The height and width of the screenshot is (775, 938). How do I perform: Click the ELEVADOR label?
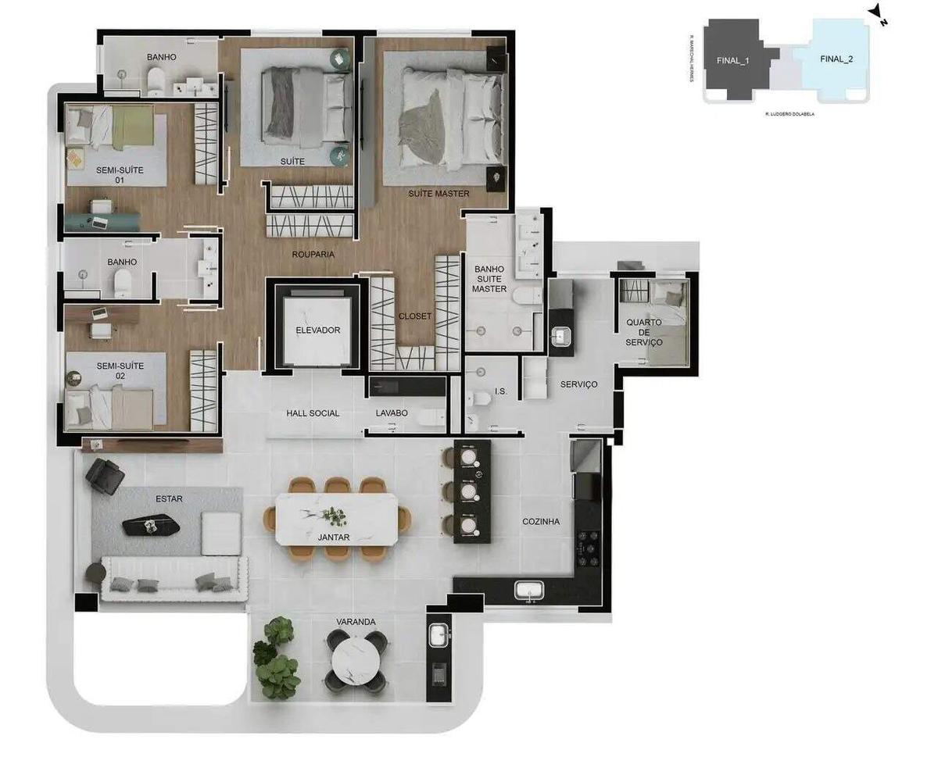pyautogui.click(x=317, y=330)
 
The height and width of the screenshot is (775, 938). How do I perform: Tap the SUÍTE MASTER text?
pyautogui.click(x=438, y=194)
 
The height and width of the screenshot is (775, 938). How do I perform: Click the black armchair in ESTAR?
pyautogui.click(x=105, y=474)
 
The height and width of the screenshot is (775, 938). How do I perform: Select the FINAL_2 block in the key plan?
pyautogui.click(x=836, y=59)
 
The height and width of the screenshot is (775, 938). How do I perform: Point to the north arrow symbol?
pyautogui.click(x=878, y=14)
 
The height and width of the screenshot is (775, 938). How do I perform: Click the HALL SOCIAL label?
pyautogui.click(x=313, y=413)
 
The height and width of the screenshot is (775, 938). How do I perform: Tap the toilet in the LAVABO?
pyautogui.click(x=431, y=418)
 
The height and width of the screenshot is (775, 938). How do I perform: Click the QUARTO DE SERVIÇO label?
pyautogui.click(x=644, y=332)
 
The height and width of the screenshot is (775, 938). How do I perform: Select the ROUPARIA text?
pyautogui.click(x=313, y=254)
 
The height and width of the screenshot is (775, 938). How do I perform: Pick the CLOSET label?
pyautogui.click(x=414, y=316)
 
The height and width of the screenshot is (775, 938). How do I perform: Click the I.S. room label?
pyautogui.click(x=501, y=391)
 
